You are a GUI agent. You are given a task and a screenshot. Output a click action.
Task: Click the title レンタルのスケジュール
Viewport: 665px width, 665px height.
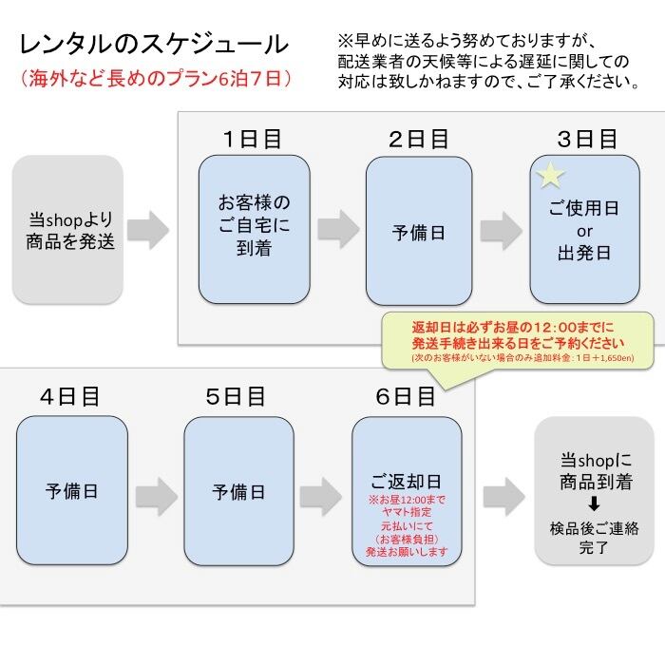pos(154,45)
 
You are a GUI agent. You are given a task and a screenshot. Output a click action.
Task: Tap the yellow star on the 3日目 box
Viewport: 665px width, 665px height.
pos(550,175)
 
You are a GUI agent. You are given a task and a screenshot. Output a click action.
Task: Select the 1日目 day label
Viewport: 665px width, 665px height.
pos(253,139)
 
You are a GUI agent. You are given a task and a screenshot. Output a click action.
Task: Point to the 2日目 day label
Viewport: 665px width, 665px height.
pos(419,139)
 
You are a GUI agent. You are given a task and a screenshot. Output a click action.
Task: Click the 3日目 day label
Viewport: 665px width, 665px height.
pos(587,139)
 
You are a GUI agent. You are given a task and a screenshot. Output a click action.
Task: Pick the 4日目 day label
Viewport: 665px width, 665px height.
pos(70,397)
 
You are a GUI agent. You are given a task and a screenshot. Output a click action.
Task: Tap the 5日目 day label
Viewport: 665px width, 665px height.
pos(236,397)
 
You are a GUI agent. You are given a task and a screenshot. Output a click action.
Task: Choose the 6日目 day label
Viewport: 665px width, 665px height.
pos(406,397)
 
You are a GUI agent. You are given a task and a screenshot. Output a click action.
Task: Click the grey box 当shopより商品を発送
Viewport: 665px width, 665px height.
pos(67,230)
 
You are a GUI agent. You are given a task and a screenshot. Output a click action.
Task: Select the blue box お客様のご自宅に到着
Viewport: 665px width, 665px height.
pos(255,230)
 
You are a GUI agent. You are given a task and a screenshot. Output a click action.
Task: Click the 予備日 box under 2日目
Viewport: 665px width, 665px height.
pos(419,230)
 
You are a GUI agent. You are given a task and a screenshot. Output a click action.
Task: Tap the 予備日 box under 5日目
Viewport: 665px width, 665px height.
pos(238,491)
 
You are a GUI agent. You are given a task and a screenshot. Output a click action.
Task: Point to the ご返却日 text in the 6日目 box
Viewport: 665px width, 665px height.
pos(406,482)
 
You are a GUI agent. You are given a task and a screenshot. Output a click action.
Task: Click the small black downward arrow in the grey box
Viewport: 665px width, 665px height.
pos(594,504)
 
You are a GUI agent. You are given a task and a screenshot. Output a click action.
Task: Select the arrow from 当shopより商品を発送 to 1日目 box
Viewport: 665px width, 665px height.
pos(148,230)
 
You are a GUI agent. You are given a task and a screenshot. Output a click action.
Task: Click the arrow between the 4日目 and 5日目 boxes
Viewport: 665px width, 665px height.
pos(157,497)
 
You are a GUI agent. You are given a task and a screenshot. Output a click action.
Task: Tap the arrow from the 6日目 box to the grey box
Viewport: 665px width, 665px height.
pos(504,497)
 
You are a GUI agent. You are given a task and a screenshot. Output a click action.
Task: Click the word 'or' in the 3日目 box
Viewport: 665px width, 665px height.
pos(584,232)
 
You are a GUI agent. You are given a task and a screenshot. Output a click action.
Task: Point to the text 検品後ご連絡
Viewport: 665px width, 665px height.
pos(594,528)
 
